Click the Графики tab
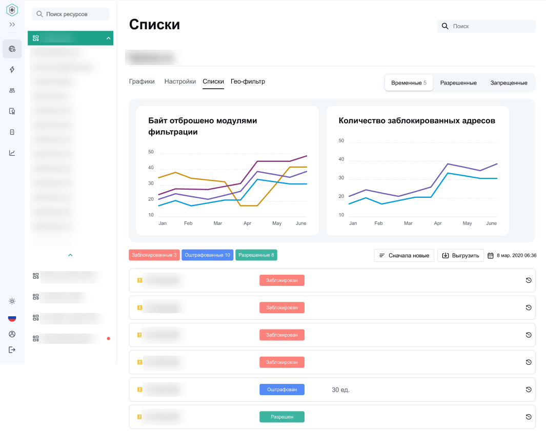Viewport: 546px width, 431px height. tap(141, 81)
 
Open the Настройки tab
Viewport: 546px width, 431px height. tap(180, 81)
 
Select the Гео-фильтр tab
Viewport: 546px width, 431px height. tap(248, 81)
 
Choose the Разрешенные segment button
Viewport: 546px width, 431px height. tap(458, 83)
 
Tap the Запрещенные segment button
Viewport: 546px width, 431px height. tap(509, 83)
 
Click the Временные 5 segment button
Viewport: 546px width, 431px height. tap(409, 83)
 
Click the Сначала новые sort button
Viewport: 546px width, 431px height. tap(404, 255)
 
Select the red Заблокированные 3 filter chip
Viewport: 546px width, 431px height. tap(154, 255)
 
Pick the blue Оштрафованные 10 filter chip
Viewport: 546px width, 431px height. tap(207, 255)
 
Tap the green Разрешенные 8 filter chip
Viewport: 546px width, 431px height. tap(256, 255)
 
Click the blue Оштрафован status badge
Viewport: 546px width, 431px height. tap(281, 389)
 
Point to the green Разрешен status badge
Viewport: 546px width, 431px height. tap(281, 417)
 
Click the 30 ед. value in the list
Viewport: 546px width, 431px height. tap(340, 390)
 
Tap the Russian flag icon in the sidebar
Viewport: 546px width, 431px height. tap(12, 318)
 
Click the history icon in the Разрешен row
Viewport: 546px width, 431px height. tap(529, 417)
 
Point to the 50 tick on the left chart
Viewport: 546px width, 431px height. tap(151, 152)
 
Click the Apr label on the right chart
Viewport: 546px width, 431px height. tap(438, 223)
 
